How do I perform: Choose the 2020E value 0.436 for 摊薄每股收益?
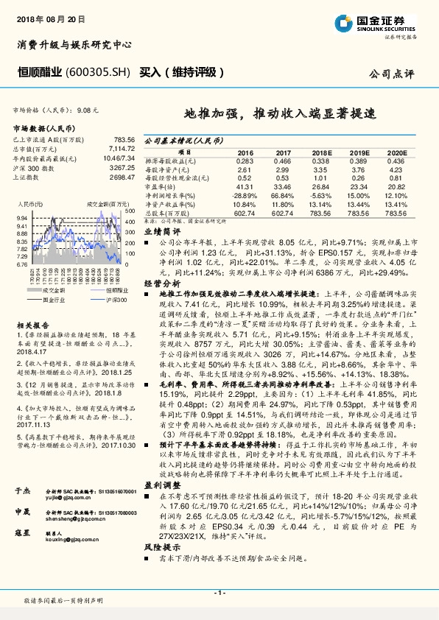pos(396,161)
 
